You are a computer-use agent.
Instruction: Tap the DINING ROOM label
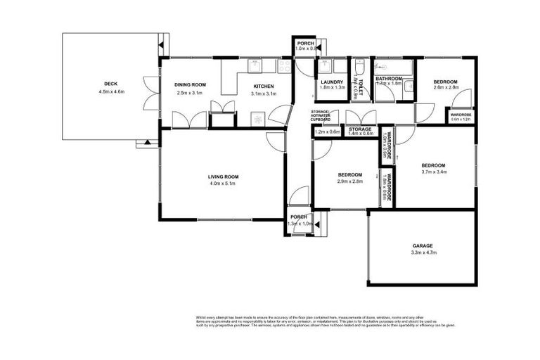point(188,84)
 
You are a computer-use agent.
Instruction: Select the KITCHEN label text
point(264,86)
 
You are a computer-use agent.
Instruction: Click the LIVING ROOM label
point(223,176)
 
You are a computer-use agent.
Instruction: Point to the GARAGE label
point(423,245)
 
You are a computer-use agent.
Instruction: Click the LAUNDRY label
point(331,82)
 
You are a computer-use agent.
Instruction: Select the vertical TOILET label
point(359,86)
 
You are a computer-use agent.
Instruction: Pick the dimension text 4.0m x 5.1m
point(223,184)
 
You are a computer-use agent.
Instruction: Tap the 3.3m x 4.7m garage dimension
point(423,253)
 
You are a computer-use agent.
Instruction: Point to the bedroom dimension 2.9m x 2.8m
point(349,182)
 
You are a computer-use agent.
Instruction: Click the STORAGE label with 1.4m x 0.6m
point(360,129)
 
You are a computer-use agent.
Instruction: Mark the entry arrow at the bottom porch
point(316,225)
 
